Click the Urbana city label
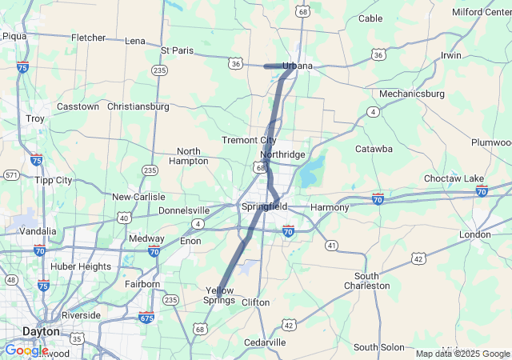tap(297, 65)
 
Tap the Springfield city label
tap(264, 206)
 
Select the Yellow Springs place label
tap(220, 295)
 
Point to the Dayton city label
tap(41, 330)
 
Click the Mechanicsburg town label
tap(412, 94)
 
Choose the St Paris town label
tap(177, 50)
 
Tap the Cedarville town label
tap(265, 342)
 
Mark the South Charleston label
tap(367, 280)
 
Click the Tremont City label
tap(249, 141)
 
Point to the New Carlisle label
tap(138, 197)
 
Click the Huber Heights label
tap(81, 266)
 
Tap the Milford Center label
tap(479, 12)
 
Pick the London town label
tap(475, 234)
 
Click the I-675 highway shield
tap(146, 318)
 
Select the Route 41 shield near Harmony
tap(330, 245)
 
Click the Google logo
tap(26, 350)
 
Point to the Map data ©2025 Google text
tap(462, 354)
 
